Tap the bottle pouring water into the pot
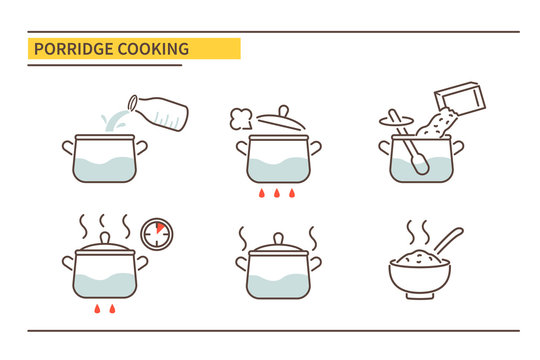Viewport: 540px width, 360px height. pos(160,111)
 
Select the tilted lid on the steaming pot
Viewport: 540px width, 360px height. pos(282,120)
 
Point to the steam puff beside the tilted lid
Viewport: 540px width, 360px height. pos(240,118)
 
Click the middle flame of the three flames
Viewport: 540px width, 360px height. pos(278,193)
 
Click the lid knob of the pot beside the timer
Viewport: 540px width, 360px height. pos(105,238)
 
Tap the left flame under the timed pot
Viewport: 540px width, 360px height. pos(97,309)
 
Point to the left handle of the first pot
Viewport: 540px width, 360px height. pos(68,148)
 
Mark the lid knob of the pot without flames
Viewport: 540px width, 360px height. pos(278,238)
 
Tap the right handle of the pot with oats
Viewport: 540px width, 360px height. pos(459,147)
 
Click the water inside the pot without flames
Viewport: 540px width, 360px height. pos(278,283)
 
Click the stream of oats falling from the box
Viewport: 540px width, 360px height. pos(432,127)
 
